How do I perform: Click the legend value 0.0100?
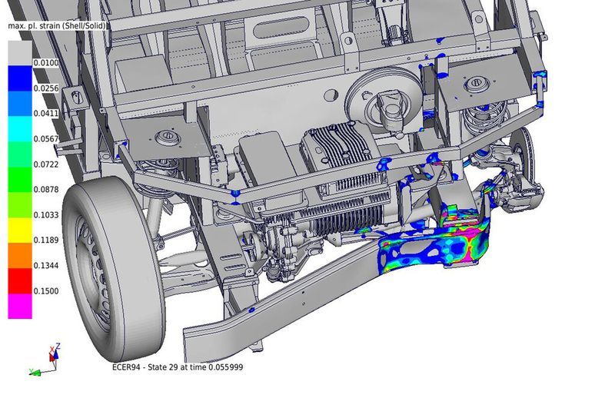(x=46, y=63)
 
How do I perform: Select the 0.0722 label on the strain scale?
(x=46, y=164)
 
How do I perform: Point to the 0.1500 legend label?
(x=46, y=291)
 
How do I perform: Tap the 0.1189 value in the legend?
(x=46, y=240)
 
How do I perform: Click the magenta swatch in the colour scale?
(x=20, y=307)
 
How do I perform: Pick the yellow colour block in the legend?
(x=20, y=231)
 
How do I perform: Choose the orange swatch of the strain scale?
(x=20, y=255)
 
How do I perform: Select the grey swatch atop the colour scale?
(x=20, y=53)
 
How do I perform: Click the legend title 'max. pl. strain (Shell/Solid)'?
(x=57, y=26)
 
